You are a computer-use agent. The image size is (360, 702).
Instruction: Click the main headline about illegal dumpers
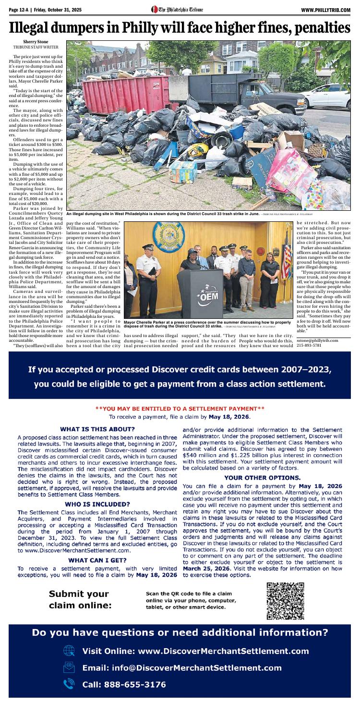180,28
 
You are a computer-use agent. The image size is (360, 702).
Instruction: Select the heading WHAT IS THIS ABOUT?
97,428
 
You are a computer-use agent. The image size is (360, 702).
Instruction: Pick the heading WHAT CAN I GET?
97,560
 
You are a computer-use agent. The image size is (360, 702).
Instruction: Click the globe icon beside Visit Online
69,651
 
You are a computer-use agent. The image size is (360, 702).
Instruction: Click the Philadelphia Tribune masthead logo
177,10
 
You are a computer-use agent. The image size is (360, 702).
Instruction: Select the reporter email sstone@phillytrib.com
317,340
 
